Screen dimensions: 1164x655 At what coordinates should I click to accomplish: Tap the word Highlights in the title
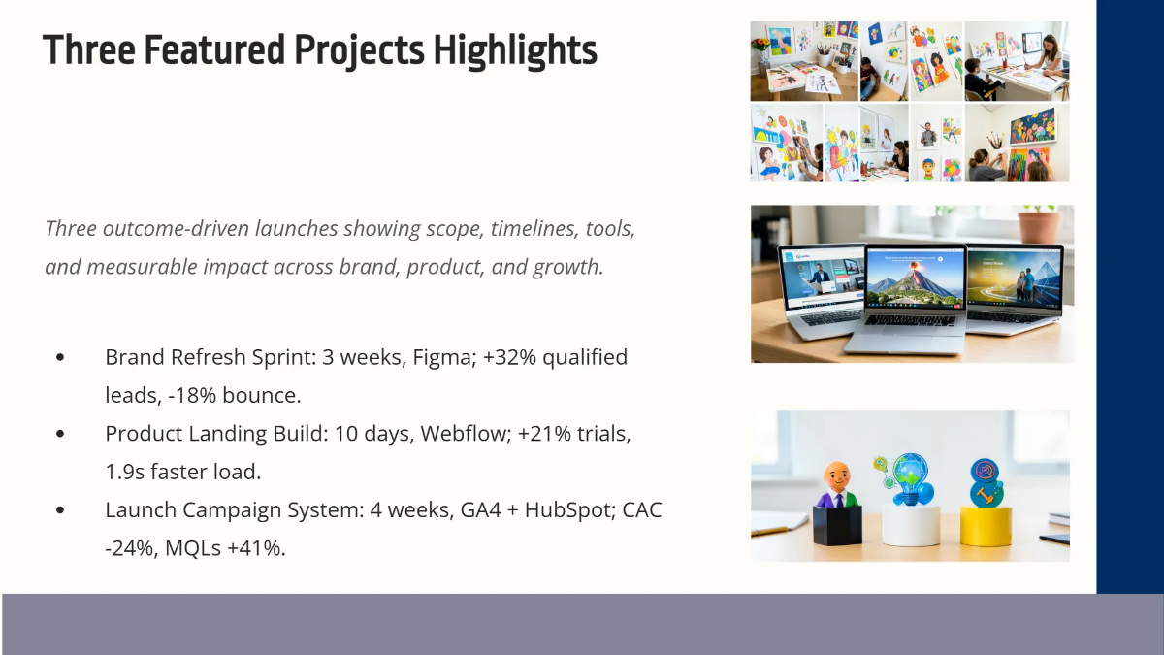(515, 50)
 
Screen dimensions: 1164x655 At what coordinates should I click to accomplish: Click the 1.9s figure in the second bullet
(125, 472)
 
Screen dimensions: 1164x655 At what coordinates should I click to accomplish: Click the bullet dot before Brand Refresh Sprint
(60, 357)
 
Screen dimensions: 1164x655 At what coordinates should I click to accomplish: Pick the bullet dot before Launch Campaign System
(60, 510)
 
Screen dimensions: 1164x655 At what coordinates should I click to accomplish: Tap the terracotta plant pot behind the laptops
(1038, 226)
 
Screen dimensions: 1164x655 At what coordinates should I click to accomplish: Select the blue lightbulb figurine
(912, 479)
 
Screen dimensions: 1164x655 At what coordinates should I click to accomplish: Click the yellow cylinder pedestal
(986, 526)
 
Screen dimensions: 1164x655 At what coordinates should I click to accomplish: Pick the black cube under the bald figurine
(837, 526)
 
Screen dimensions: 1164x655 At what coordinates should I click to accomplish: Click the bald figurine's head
(837, 475)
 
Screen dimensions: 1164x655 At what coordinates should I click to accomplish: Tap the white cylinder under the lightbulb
(911, 525)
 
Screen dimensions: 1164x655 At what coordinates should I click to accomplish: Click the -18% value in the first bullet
(192, 396)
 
